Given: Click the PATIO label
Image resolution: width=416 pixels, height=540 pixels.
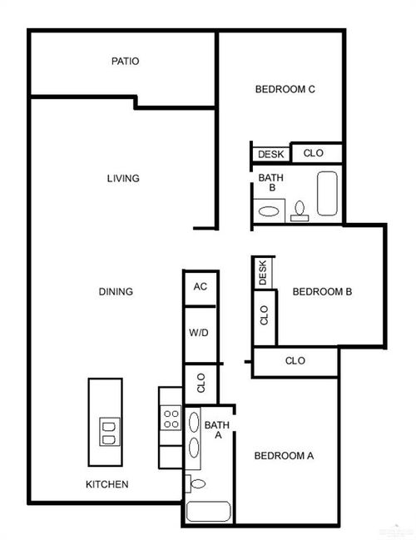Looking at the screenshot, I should tap(125, 61).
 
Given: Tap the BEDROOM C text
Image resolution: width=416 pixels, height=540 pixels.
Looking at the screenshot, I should tap(285, 90).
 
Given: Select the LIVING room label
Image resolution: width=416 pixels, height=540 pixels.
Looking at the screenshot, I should tap(122, 178).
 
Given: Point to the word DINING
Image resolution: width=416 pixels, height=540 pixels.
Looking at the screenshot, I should tap(116, 291).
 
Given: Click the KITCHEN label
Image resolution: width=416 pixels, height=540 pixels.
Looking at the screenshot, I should tap(107, 484).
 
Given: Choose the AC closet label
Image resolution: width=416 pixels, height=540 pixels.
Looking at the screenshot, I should tap(200, 286).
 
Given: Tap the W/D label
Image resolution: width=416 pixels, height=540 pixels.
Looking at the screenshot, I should tap(200, 333).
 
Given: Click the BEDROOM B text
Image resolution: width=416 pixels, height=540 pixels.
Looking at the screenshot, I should tap(323, 291).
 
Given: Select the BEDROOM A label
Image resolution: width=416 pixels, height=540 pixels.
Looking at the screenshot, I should tap(284, 455).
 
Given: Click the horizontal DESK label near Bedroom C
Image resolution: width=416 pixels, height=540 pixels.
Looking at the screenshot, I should tap(270, 154).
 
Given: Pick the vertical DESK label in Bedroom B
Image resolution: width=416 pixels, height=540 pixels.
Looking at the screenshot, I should tap(263, 273).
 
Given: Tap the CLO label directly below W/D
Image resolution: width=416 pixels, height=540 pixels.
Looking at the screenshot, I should tap(201, 383).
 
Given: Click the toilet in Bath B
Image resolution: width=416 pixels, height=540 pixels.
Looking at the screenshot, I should tap(300, 210).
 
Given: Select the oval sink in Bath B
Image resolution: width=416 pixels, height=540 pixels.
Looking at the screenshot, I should tap(269, 211).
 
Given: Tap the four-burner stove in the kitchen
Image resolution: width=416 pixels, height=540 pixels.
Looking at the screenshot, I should tap(171, 417).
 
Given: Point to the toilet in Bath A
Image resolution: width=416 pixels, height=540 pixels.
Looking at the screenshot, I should tap(196, 483).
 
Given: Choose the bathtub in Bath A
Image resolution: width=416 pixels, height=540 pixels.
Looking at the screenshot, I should tap(207, 512).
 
